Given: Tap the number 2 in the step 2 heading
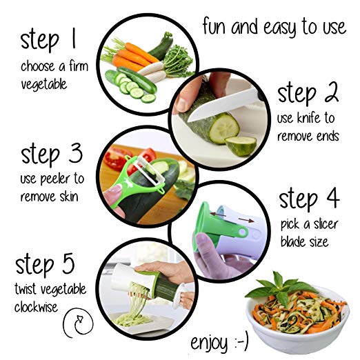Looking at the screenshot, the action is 330,92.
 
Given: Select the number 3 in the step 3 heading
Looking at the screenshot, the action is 75,152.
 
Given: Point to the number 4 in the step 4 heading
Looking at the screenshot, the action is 332,197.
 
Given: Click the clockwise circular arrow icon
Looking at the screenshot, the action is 79,322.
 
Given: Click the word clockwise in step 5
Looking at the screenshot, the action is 36,307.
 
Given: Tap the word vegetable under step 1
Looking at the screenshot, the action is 44,85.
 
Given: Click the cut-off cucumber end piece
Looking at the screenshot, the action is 241,146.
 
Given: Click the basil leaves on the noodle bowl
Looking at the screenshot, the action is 282,288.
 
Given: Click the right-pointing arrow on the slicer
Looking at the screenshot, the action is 246,220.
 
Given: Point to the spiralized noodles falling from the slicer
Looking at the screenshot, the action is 135,301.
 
